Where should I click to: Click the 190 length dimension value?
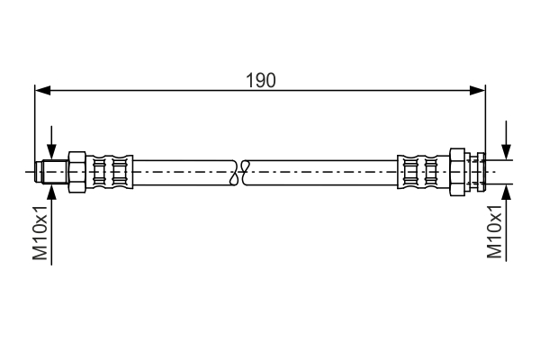pyautogui.click(x=260, y=79)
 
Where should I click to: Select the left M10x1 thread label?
pyautogui.click(x=40, y=232)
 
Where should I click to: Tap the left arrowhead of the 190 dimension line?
pyautogui.click(x=41, y=90)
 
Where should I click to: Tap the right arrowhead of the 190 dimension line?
pyautogui.click(x=479, y=90)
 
